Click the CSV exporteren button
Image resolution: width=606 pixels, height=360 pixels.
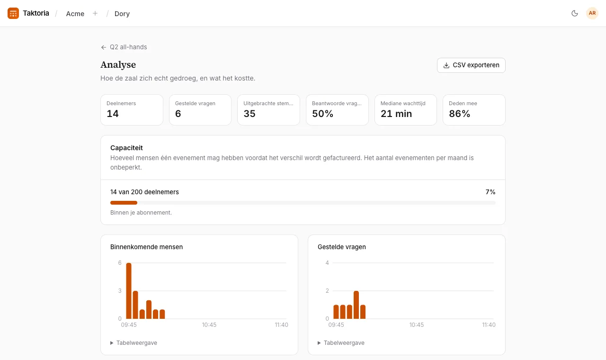[471, 65]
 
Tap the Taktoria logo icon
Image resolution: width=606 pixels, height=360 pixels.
[13, 13]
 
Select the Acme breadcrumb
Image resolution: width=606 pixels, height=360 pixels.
[75, 14]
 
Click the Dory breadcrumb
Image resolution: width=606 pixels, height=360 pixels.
[122, 14]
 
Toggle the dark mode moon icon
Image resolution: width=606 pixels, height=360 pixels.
[575, 13]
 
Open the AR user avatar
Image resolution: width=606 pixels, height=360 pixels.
[592, 13]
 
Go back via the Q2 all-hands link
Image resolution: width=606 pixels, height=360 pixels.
[124, 47]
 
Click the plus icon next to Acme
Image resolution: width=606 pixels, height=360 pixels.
[95, 13]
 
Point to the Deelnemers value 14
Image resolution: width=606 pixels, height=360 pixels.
[113, 114]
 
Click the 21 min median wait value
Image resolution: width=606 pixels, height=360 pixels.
[396, 114]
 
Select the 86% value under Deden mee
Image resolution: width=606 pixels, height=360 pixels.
[459, 114]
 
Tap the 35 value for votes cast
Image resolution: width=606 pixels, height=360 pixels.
[249, 114]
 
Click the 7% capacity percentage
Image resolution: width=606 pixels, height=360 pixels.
[490, 192]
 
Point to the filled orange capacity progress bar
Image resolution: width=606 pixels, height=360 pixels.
[124, 203]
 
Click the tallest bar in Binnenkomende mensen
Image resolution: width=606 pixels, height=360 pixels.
[129, 291]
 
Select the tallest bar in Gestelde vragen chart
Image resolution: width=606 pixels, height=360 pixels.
[356, 305]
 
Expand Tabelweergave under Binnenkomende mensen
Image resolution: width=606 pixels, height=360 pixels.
[134, 342]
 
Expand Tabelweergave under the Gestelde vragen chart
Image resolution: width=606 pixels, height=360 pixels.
[341, 342]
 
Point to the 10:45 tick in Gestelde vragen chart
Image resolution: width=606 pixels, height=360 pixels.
[416, 325]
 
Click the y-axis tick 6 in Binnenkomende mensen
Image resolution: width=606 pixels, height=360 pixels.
[120, 262]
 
